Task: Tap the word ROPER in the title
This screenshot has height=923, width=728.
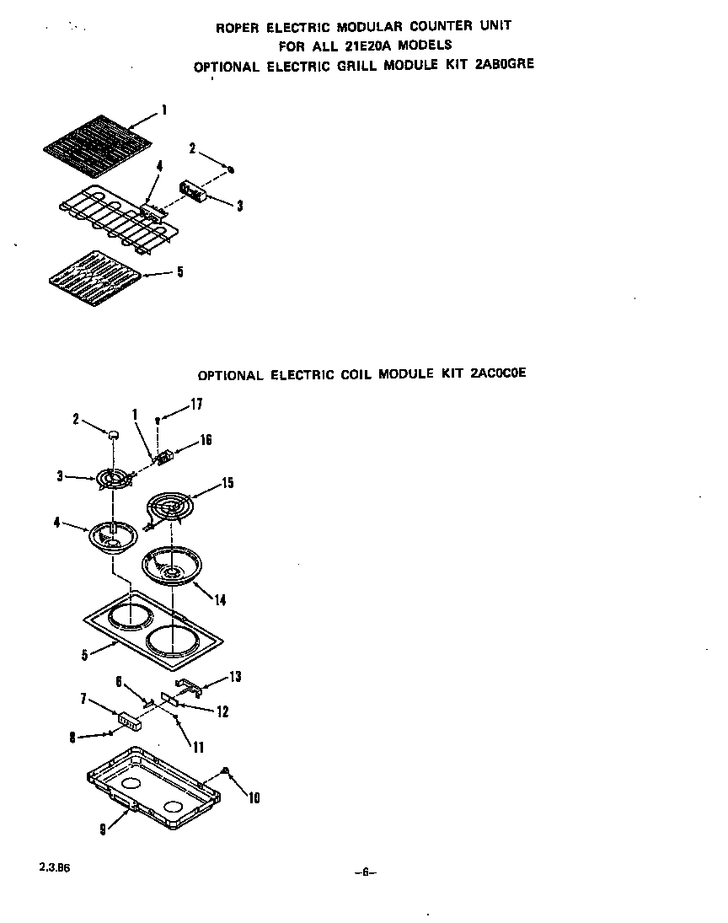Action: coord(242,27)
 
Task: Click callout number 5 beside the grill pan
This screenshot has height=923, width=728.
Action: coord(179,272)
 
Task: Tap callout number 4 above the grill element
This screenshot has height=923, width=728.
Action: coord(159,167)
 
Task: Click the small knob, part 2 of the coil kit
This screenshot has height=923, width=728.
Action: coord(112,433)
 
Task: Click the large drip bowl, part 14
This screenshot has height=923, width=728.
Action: coord(173,566)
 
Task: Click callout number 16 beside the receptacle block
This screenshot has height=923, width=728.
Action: coord(205,440)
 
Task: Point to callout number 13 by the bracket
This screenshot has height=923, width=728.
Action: coord(235,677)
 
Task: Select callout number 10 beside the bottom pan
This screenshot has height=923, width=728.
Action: coord(253,797)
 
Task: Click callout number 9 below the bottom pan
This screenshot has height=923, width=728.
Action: coord(103,829)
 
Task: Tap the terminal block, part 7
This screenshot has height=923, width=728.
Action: coord(131,720)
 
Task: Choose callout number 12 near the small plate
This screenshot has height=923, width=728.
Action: coord(222,712)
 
